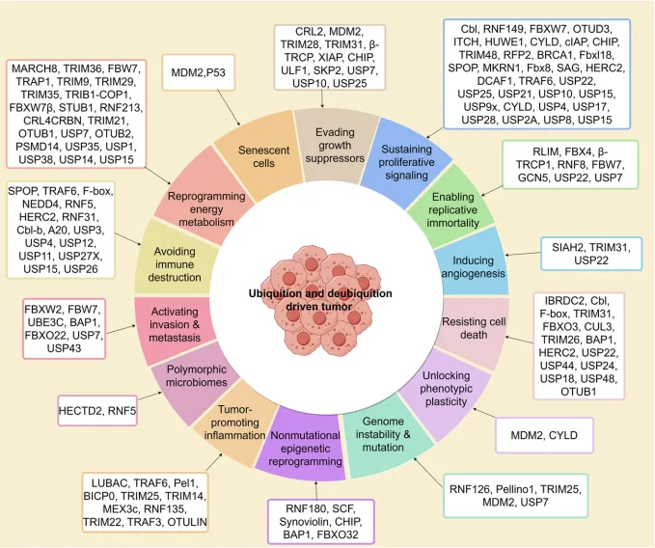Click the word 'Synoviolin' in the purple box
[302, 522]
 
